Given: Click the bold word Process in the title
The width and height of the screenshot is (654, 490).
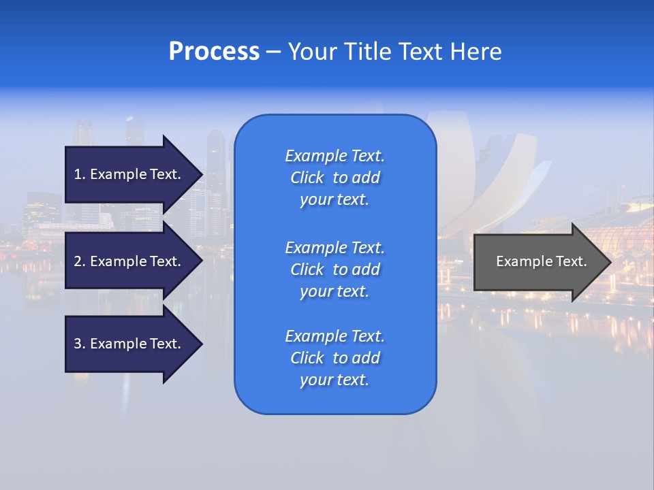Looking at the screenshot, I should pos(214,52).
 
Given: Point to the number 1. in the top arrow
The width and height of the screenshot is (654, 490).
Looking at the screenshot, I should pos(80,174).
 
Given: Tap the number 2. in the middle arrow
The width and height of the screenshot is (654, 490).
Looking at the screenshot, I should pos(80,261).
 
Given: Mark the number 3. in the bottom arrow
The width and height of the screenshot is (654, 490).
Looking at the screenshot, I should pos(80,344).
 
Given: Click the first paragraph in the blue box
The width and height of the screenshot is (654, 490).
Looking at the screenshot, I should pos(334,178).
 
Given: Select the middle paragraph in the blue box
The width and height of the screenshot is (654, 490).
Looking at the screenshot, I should pos(334,269).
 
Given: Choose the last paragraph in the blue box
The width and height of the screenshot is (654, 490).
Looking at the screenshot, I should pos(334,358).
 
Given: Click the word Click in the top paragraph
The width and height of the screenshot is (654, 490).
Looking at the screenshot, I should pos(307,178).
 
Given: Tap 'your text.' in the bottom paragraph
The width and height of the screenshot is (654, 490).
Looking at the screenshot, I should pos(334,380).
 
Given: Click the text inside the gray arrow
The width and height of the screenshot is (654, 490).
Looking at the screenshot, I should pos(541,261).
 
